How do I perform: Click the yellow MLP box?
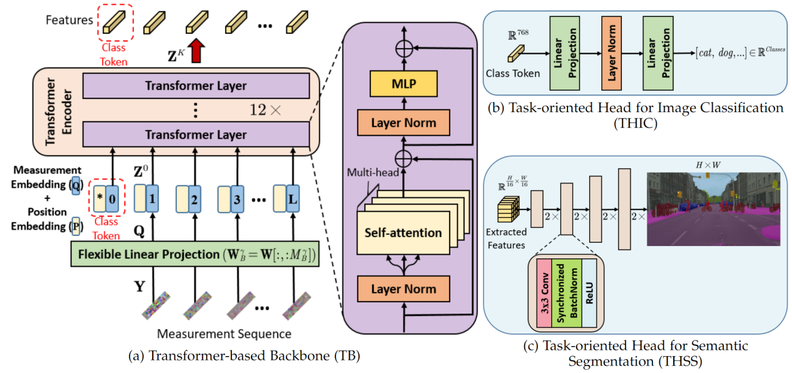[x=404, y=83]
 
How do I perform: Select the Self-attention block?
[x=404, y=233]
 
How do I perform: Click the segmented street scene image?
[x=713, y=209]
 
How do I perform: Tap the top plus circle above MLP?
[x=404, y=47]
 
